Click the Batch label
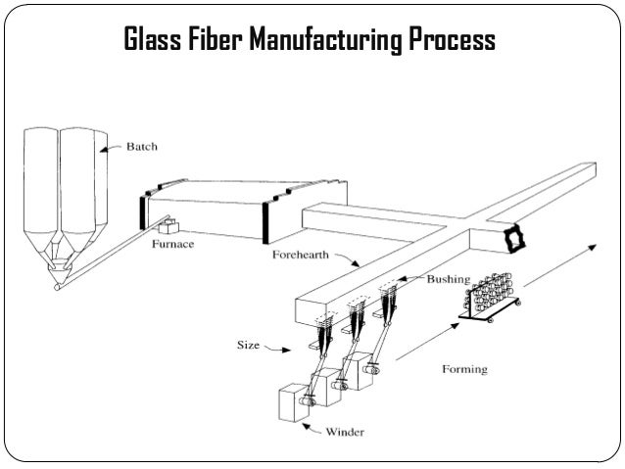coord(141,148)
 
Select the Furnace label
coord(175,248)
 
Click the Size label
coord(248,345)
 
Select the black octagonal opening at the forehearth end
coord(510,238)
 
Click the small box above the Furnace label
coord(172,227)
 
